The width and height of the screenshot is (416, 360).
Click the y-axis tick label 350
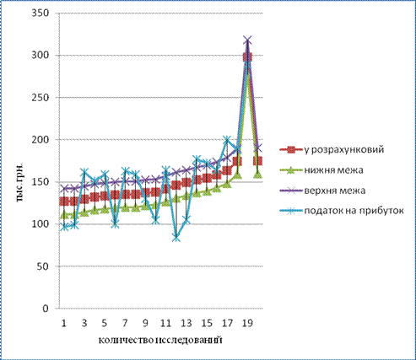tap(41, 13)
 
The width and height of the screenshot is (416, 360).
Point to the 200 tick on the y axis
tap(41, 140)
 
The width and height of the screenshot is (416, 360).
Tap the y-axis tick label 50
tap(43, 266)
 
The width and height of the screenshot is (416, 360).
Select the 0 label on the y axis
tap(46, 309)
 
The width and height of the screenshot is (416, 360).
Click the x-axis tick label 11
tap(165, 323)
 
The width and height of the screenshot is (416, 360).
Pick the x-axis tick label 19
tap(247, 323)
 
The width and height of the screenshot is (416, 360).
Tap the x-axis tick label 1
tap(64, 323)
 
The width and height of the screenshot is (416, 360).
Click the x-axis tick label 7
tap(125, 323)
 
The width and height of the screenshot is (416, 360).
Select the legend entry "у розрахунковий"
tap(332, 150)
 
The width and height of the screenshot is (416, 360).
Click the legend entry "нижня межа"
tap(321, 170)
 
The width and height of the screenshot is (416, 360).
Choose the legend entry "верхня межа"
tap(322, 191)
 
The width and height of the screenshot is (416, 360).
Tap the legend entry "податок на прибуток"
tap(342, 211)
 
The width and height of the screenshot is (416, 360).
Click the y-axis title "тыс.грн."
tap(19, 182)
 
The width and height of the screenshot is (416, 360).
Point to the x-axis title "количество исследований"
tap(160, 340)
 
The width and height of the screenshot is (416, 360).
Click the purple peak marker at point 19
tap(247, 40)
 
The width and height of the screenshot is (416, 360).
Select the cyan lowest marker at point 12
tap(176, 238)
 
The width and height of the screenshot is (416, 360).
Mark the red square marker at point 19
tap(247, 57)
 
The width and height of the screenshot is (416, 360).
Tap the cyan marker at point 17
tap(227, 139)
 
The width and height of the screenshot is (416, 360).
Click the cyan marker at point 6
tap(115, 224)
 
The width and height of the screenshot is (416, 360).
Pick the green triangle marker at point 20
tap(257, 175)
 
